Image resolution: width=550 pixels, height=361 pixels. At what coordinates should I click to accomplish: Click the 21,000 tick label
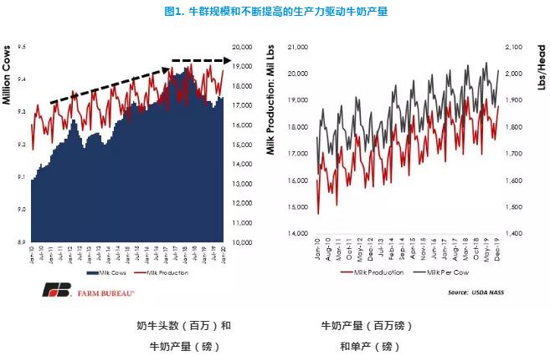(x=298, y=48)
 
